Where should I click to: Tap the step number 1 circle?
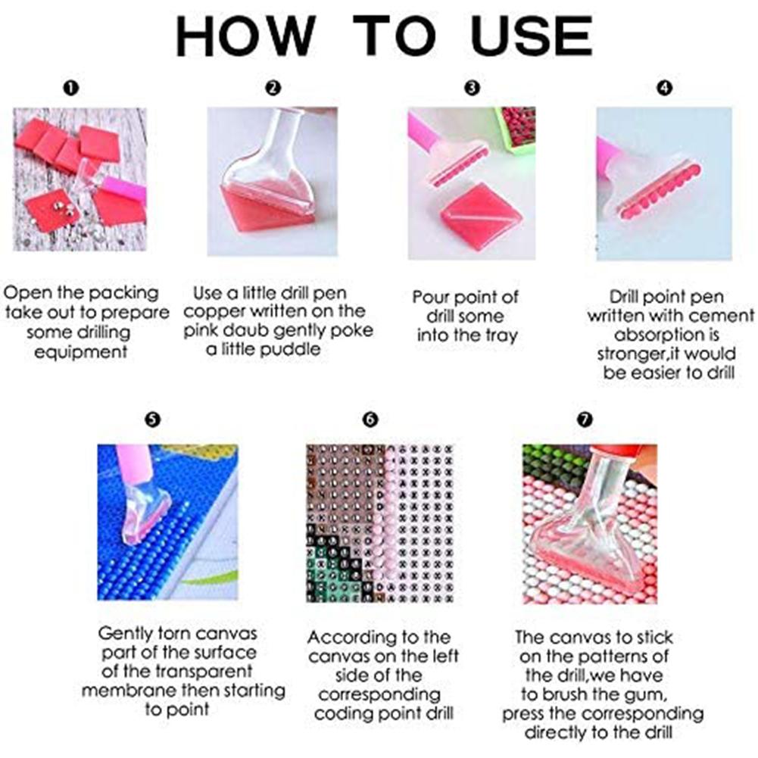click(x=70, y=88)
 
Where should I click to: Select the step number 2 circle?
click(x=273, y=88)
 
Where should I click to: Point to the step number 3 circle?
click(x=472, y=88)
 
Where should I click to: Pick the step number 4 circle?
click(x=664, y=88)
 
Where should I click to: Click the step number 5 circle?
click(x=152, y=419)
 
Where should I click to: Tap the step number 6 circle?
click(x=370, y=419)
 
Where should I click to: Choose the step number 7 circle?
click(x=585, y=419)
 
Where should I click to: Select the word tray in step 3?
click(x=501, y=336)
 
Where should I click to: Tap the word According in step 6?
click(x=341, y=638)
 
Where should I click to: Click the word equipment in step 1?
click(x=80, y=352)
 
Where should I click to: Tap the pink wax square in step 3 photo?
click(x=481, y=216)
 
